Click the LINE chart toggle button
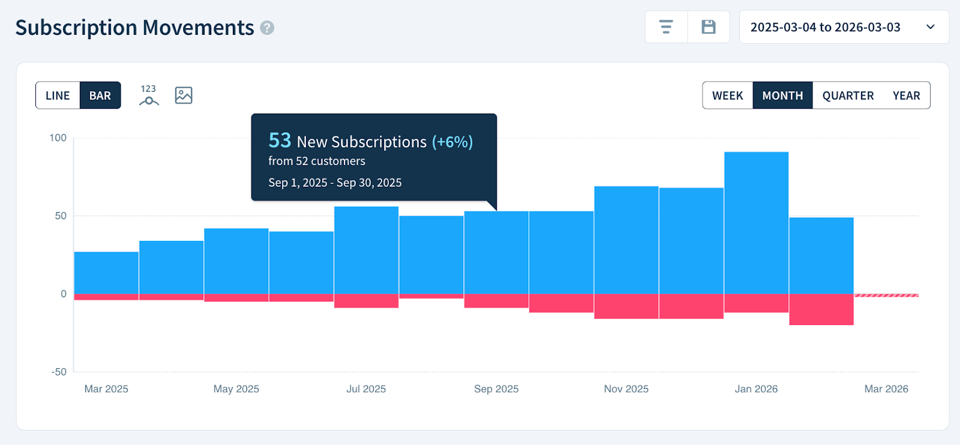[58, 95]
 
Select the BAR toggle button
[100, 95]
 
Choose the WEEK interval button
[727, 95]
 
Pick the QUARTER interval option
[848, 95]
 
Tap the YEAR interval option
[906, 95]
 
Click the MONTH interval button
[782, 95]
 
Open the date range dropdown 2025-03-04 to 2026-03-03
[844, 27]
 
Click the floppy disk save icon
[709, 27]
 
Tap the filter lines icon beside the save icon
[666, 27]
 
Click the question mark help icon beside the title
[267, 28]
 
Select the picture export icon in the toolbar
[184, 95]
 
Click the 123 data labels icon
[149, 95]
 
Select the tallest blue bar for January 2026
[756, 222]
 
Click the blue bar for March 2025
[106, 273]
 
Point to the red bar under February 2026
[821, 309]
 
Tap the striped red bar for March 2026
[886, 295]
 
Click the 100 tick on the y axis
[58, 138]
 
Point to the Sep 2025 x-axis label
[496, 389]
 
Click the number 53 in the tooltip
[280, 141]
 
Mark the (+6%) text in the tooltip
[452, 142]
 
